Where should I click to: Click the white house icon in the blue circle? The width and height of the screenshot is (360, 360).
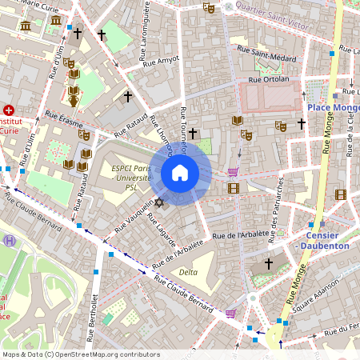pyautogui.click(x=180, y=173)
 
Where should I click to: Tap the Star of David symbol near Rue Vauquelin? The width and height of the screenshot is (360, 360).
pyautogui.click(x=158, y=202)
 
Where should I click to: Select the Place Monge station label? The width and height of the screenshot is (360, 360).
pyautogui.click(x=331, y=106)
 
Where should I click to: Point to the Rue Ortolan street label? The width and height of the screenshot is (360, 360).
pyautogui.click(x=268, y=79)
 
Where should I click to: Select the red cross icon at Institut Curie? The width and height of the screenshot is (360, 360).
pyautogui.click(x=9, y=110)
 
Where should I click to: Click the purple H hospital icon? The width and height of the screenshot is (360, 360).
pyautogui.click(x=9, y=240)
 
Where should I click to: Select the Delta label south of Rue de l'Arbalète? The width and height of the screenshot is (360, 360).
pyautogui.click(x=188, y=272)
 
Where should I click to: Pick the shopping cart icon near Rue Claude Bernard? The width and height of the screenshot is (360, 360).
pyautogui.click(x=230, y=313)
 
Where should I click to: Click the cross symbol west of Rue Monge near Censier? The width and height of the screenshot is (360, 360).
pyautogui.click(x=269, y=263)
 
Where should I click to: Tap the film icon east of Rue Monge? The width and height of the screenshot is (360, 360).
pyautogui.click(x=342, y=194)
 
